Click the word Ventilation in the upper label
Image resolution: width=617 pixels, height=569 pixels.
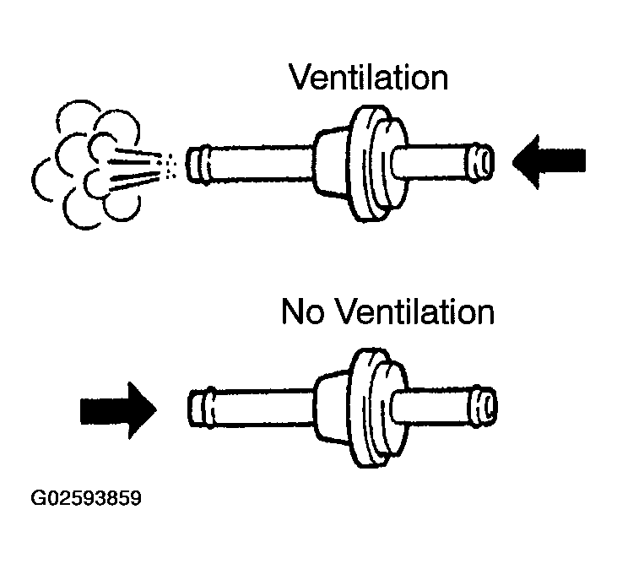(368, 77)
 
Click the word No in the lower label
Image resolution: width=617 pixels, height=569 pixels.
(303, 312)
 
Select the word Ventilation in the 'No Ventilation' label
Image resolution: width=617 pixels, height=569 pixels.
(415, 312)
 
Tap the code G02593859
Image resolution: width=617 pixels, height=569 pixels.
(86, 498)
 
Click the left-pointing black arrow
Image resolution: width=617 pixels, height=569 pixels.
(549, 162)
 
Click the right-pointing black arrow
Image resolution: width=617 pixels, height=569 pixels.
(118, 410)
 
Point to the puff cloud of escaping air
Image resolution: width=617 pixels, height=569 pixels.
(87, 165)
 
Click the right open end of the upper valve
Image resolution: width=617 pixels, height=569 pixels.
(482, 162)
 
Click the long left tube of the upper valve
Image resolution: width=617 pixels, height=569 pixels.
(262, 164)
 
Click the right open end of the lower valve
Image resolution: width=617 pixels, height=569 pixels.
(484, 406)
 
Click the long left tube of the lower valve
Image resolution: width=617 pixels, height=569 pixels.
(263, 408)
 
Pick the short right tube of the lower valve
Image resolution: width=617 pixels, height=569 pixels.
(433, 406)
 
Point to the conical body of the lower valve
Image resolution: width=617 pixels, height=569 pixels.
(333, 407)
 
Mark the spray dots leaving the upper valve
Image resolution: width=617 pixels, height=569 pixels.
(167, 165)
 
